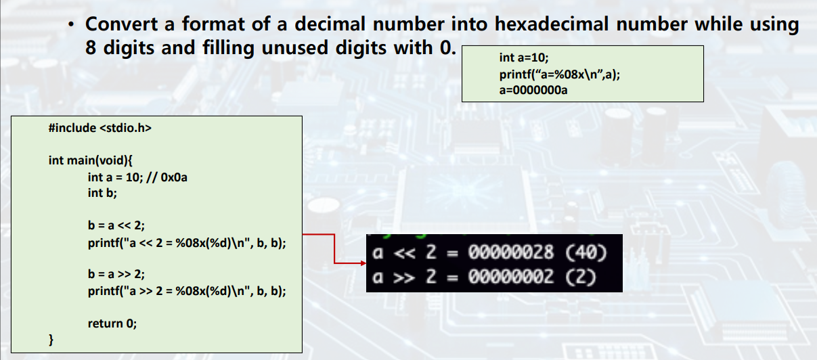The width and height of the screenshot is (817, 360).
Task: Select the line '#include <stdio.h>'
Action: (x=100, y=128)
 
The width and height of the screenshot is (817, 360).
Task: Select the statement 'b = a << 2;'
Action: (x=116, y=226)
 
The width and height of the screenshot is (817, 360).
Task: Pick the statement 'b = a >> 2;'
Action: (x=116, y=275)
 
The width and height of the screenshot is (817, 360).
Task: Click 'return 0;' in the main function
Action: (x=112, y=323)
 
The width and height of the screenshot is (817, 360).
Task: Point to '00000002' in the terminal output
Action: (x=511, y=277)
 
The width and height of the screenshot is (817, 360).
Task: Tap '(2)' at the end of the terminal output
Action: (x=579, y=277)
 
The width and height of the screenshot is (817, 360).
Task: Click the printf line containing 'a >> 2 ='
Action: (x=187, y=291)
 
